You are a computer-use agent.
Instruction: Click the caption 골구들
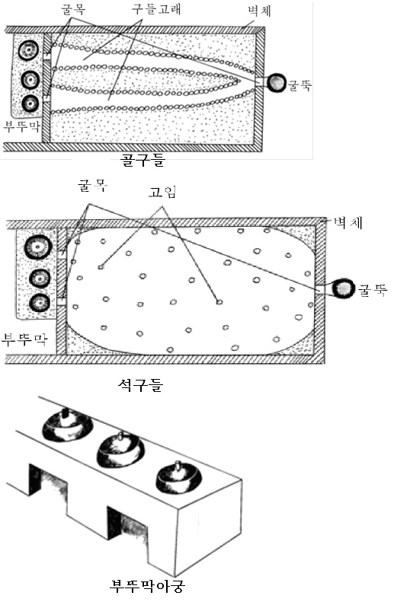point(143,161)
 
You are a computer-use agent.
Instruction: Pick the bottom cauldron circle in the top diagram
point(30,103)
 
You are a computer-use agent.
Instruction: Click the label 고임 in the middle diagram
point(161,193)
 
